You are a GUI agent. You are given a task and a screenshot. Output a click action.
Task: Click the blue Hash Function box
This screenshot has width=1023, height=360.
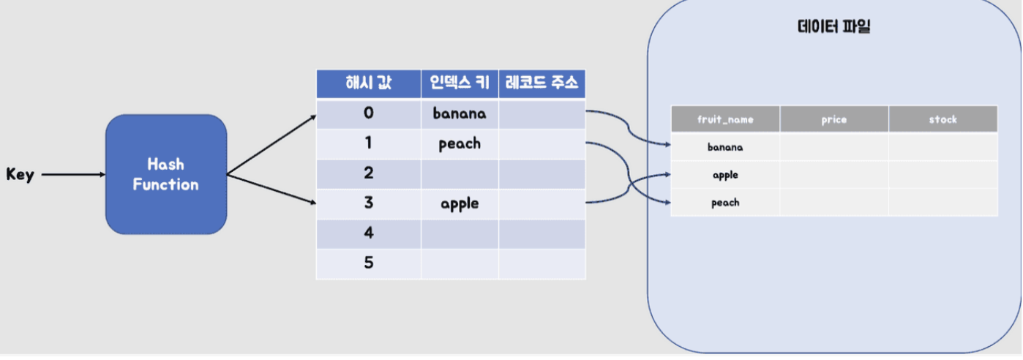click(x=165, y=174)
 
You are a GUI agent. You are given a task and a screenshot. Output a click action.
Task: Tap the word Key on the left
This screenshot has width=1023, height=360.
click(x=20, y=175)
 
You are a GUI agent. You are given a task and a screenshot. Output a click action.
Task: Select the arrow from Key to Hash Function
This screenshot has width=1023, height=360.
click(x=73, y=175)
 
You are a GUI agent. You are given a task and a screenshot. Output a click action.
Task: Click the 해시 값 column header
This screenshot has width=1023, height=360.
click(x=368, y=83)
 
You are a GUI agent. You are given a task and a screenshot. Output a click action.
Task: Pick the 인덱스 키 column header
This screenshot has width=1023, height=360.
click(x=460, y=83)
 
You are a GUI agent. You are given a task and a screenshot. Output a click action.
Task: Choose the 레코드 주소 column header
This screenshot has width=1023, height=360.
click(x=542, y=83)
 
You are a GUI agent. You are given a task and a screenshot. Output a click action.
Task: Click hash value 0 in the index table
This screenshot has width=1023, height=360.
click(x=368, y=113)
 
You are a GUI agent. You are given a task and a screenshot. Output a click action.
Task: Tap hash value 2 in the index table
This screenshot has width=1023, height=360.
click(x=368, y=173)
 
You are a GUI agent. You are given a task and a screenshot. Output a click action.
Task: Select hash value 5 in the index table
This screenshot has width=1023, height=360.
click(x=368, y=263)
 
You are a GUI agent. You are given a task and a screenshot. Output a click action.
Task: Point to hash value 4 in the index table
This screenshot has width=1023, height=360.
click(x=368, y=233)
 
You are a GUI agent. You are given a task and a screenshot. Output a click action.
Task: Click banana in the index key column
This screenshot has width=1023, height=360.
click(x=460, y=113)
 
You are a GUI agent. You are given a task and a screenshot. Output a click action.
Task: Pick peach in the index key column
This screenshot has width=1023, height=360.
click(x=460, y=143)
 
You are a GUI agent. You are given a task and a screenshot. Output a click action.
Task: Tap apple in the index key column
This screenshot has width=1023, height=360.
click(x=460, y=203)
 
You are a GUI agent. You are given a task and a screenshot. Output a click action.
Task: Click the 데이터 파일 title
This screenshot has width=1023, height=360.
click(x=833, y=28)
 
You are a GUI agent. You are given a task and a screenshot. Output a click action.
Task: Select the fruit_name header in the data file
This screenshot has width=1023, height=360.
click(x=725, y=119)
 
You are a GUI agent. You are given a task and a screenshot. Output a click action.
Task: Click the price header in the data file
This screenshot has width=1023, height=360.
click(x=833, y=119)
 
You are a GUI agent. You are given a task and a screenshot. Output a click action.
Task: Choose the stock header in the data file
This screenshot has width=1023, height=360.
click(x=943, y=119)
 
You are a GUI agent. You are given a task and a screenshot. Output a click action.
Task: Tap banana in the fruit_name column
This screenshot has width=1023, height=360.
click(x=725, y=147)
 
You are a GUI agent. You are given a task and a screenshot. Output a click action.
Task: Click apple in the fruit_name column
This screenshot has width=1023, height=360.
click(x=725, y=175)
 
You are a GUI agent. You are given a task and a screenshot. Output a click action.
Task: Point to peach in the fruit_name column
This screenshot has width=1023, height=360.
click(x=725, y=203)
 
